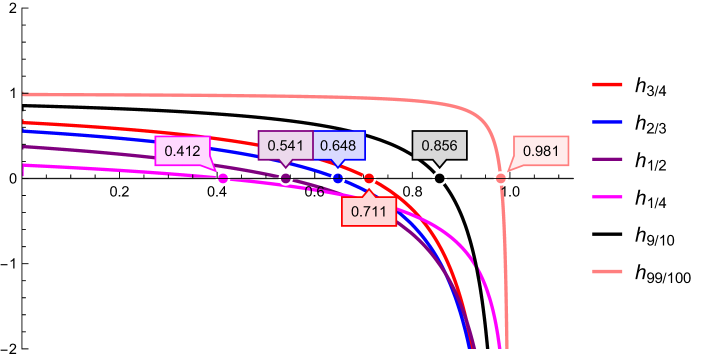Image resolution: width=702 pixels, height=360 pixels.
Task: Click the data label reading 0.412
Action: (x=183, y=152)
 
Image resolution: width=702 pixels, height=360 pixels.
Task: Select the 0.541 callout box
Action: (x=285, y=146)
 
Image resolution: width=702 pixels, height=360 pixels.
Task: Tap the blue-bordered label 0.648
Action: (x=339, y=146)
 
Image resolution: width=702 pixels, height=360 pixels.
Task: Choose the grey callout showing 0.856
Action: (x=439, y=146)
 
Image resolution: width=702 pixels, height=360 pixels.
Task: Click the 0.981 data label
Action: (x=540, y=152)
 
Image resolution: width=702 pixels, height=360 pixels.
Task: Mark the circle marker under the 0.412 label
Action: (x=223, y=178)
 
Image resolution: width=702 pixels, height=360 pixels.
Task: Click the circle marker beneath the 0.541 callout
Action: (x=286, y=178)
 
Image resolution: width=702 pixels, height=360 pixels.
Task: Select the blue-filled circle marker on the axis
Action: (x=338, y=178)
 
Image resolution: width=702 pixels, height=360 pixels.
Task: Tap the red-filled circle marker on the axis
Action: (x=369, y=178)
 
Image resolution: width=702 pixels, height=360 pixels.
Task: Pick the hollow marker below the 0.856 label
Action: (x=439, y=178)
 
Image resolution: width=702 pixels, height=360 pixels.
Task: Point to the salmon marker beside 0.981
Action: (x=501, y=178)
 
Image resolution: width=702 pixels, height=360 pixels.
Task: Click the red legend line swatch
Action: (x=608, y=85)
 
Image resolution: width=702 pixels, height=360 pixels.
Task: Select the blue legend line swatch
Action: (x=608, y=121)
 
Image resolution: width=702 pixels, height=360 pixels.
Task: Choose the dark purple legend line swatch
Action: (x=608, y=159)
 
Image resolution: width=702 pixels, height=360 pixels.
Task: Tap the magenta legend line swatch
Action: (x=608, y=197)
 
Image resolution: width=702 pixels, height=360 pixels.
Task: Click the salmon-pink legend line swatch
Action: (x=608, y=271)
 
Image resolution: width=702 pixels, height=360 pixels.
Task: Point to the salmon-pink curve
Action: (x=300, y=98)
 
